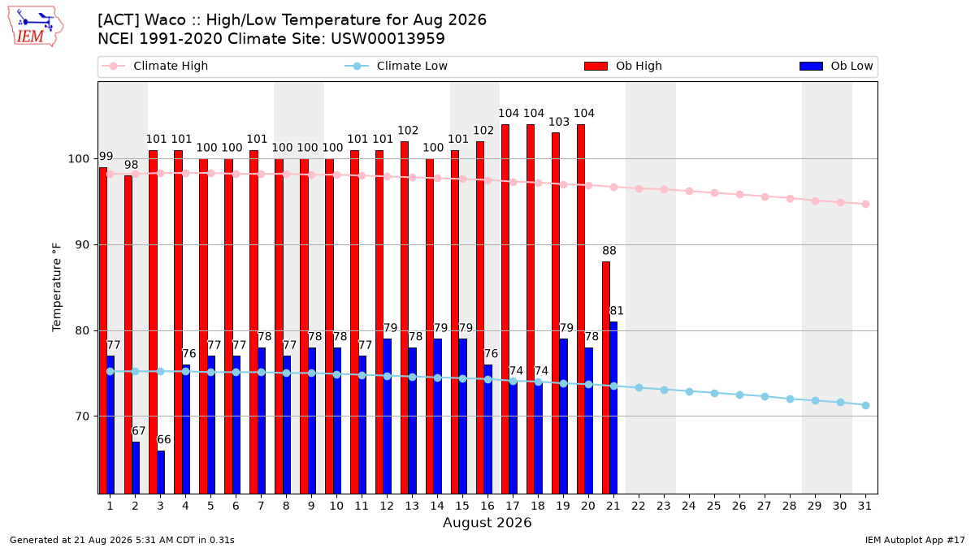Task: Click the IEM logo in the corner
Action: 35,27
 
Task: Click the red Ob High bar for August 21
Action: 606,378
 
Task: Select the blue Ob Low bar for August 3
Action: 161,472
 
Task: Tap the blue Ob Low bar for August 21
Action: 613,408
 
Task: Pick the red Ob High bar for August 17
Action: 505,309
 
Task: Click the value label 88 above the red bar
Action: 609,251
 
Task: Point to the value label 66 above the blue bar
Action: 163,439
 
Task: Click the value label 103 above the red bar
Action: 559,122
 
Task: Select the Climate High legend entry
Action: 155,66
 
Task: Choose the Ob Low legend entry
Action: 836,66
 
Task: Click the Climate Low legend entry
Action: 396,66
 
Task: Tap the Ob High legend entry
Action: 623,66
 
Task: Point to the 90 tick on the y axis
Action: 82,245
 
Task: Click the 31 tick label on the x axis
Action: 864,506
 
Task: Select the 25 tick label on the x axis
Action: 714,506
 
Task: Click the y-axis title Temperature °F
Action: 57,287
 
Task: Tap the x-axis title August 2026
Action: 487,522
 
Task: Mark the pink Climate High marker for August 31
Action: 866,204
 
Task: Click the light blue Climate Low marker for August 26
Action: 739,395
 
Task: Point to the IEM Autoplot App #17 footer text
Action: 915,540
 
